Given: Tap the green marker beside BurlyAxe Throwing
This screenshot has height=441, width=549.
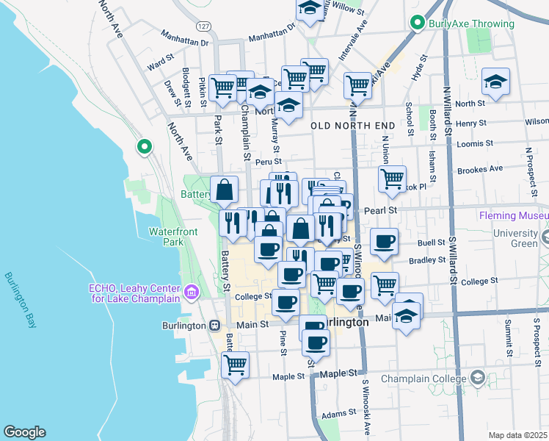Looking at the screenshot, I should (418, 24).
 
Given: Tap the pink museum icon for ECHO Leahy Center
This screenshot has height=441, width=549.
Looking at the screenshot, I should (192, 293).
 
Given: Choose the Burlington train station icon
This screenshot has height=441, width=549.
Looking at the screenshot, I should (214, 325).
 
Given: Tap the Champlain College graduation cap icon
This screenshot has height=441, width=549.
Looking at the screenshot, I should (478, 378).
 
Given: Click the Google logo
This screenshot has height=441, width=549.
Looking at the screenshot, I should (24, 432).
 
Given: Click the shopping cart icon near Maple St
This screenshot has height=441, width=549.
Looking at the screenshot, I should (235, 365).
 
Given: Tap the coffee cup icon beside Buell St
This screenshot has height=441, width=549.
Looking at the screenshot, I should (384, 241).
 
